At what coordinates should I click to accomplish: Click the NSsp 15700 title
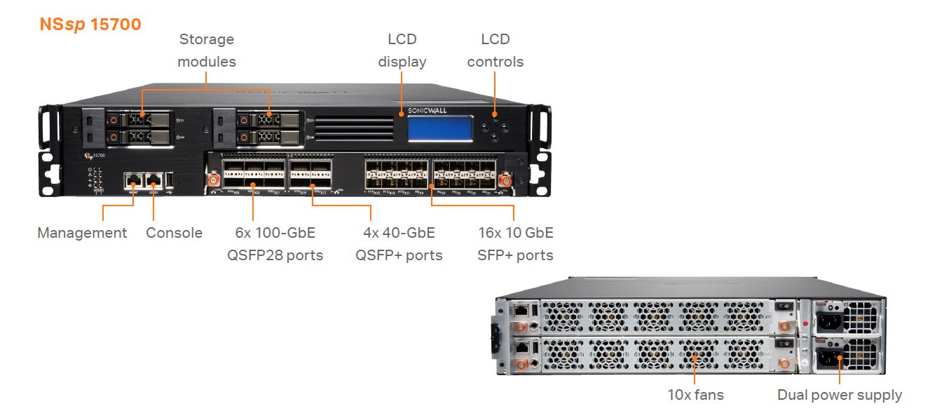pyautogui.click(x=90, y=25)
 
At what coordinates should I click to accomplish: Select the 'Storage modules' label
pyautogui.click(x=207, y=50)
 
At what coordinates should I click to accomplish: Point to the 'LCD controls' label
pyautogui.click(x=495, y=50)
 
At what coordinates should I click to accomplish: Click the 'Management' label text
pyautogui.click(x=82, y=233)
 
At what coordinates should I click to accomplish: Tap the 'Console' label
pyautogui.click(x=174, y=233)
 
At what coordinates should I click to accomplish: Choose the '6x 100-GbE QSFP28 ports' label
pyautogui.click(x=275, y=243)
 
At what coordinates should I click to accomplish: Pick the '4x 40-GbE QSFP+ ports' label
pyautogui.click(x=399, y=243)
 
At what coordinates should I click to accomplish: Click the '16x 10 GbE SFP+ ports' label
pyautogui.click(x=516, y=243)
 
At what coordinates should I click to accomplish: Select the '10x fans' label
pyautogui.click(x=695, y=395)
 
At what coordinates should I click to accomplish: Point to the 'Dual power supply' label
pyautogui.click(x=840, y=395)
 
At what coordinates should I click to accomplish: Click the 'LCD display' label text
pyautogui.click(x=402, y=50)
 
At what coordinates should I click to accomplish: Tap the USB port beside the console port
pyautogui.click(x=173, y=180)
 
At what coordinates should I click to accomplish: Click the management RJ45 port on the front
pyautogui.click(x=133, y=180)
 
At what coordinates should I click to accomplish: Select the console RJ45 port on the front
pyautogui.click(x=154, y=180)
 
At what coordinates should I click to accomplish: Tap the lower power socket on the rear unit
pyautogui.click(x=828, y=358)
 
